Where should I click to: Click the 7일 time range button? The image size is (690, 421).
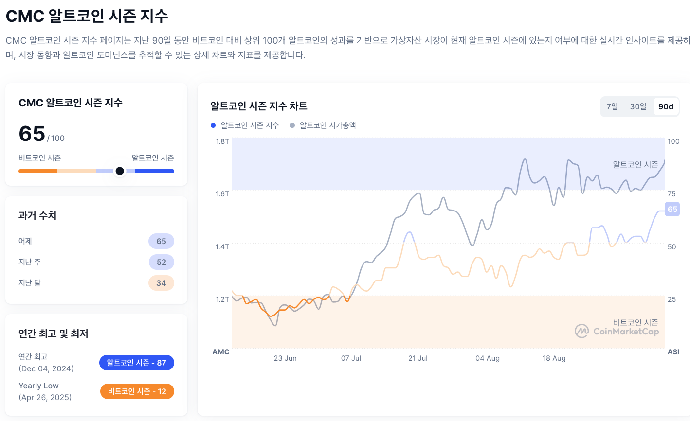click(612, 106)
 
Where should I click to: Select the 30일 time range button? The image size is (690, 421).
click(638, 106)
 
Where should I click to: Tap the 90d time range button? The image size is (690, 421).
click(666, 106)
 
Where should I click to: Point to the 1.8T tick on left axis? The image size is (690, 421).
click(222, 141)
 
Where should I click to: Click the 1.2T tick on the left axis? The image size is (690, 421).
click(222, 299)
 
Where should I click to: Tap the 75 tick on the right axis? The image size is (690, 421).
click(672, 194)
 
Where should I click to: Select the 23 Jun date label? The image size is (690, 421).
click(285, 358)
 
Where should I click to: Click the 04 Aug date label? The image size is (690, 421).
click(488, 358)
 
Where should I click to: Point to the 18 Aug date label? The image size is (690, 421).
click(554, 358)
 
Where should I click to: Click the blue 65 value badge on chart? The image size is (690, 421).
click(672, 209)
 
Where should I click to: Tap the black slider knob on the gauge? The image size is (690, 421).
click(120, 171)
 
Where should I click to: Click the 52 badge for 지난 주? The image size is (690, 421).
click(161, 262)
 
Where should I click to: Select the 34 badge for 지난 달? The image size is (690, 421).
click(161, 283)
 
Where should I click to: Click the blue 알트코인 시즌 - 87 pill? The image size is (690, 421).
click(136, 363)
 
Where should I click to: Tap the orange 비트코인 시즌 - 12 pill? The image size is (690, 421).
click(137, 391)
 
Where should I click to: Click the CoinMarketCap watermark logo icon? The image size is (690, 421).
click(582, 331)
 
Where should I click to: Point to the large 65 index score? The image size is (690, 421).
click(32, 134)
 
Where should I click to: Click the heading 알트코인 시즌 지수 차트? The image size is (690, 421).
click(259, 106)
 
